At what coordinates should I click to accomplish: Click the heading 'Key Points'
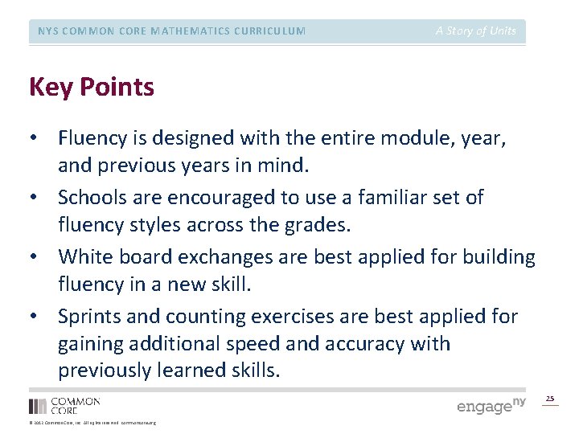(x=91, y=87)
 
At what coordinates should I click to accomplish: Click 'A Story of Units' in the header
(x=476, y=31)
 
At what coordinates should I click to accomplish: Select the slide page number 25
(x=550, y=399)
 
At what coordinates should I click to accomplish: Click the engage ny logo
(x=491, y=406)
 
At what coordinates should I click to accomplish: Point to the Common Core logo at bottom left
(x=64, y=405)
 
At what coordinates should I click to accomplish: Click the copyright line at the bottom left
(x=92, y=423)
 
